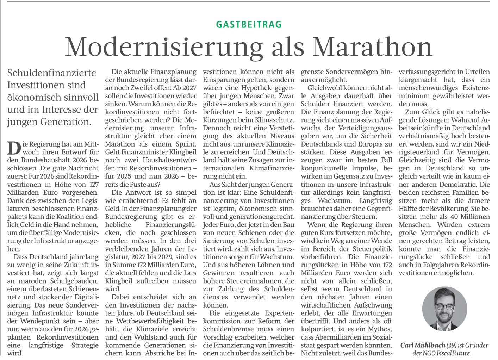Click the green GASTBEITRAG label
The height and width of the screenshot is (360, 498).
(x=249, y=25)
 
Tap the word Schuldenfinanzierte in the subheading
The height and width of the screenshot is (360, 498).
(x=52, y=73)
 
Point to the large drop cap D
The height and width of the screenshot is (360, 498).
(x=13, y=148)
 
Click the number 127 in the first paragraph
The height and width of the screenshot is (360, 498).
(x=94, y=185)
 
